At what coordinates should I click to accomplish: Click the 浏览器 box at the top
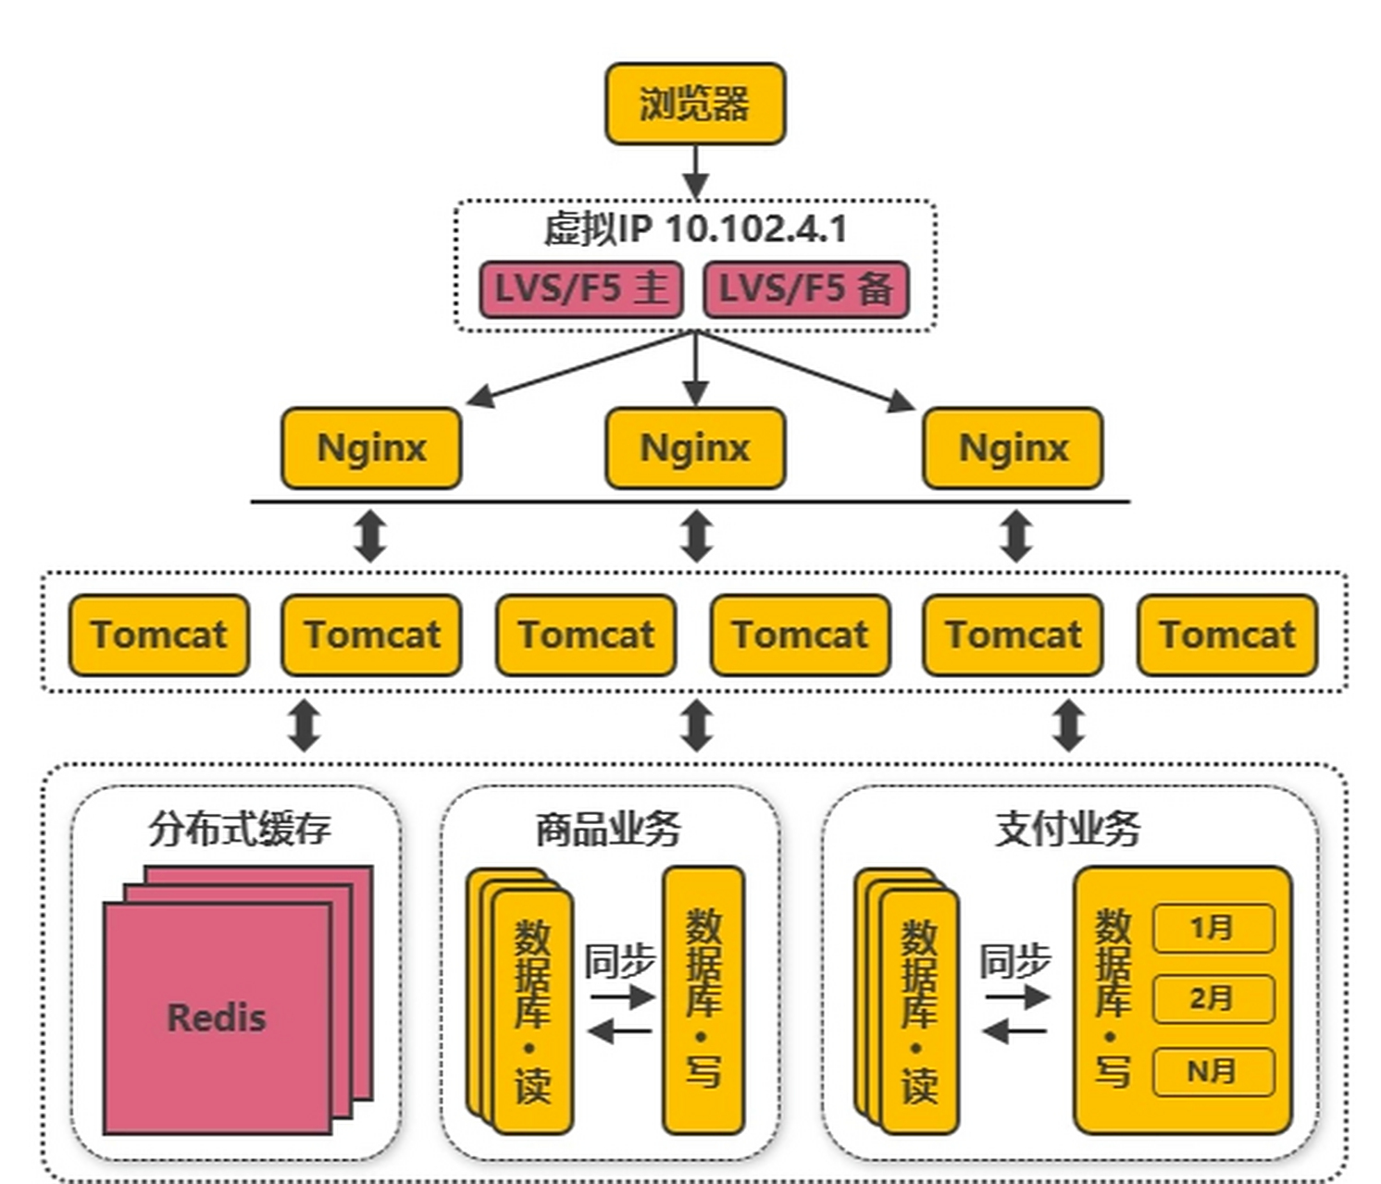pyautogui.click(x=694, y=104)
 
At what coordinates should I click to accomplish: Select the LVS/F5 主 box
pyautogui.click(x=581, y=289)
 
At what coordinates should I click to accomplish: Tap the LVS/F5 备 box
pyautogui.click(x=806, y=289)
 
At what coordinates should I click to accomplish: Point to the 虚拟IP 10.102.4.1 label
pyautogui.click(x=694, y=228)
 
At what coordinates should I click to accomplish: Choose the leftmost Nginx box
pyautogui.click(x=371, y=448)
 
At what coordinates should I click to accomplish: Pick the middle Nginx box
pyautogui.click(x=695, y=448)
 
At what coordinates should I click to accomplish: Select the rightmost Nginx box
pyautogui.click(x=1014, y=448)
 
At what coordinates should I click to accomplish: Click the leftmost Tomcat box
pyautogui.click(x=159, y=635)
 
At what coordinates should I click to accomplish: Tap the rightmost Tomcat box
pyautogui.click(x=1227, y=635)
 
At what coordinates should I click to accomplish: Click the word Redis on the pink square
pyautogui.click(x=217, y=1017)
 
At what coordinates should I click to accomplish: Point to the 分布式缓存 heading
pyautogui.click(x=239, y=828)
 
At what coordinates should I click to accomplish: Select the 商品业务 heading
pyautogui.click(x=608, y=828)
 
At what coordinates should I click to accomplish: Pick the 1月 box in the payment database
pyautogui.click(x=1213, y=928)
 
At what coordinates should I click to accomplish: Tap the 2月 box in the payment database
pyautogui.click(x=1213, y=999)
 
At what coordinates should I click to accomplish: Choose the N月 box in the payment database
pyautogui.click(x=1213, y=1071)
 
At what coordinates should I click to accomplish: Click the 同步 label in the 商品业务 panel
pyautogui.click(x=619, y=962)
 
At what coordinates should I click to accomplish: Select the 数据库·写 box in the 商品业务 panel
pyautogui.click(x=703, y=1000)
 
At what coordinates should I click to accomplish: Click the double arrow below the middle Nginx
pyautogui.click(x=696, y=536)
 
